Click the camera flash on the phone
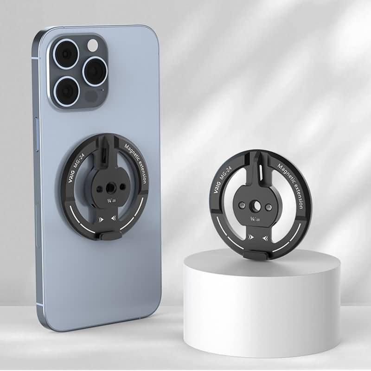[92, 45]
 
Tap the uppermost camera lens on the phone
[66, 54]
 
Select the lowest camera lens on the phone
[66, 91]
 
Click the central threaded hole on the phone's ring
[109, 188]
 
